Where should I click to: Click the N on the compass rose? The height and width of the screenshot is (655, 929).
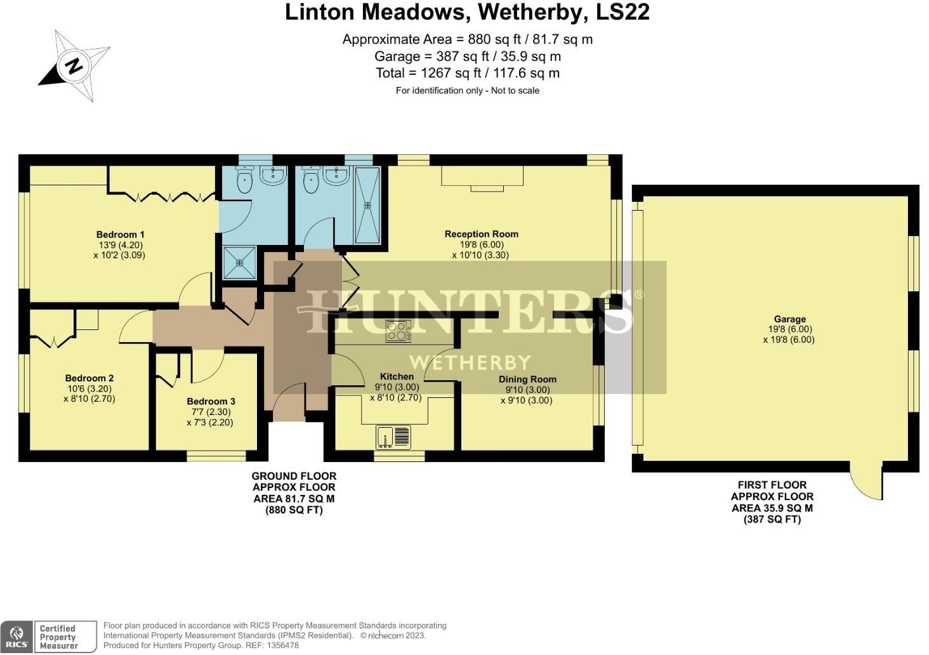(74, 65)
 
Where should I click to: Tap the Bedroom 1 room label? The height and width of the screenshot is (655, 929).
(120, 235)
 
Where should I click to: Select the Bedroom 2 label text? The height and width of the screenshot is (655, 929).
(89, 378)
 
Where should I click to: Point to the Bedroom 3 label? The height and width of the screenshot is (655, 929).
(211, 401)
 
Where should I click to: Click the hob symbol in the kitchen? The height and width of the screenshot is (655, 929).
(398, 331)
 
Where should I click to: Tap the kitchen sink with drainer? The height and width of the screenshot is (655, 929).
(393, 437)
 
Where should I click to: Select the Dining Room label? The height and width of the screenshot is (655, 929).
(527, 380)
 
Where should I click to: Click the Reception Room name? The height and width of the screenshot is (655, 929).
(481, 234)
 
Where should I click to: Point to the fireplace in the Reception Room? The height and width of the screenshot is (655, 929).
(482, 178)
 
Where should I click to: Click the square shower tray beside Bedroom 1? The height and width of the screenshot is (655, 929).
(240, 263)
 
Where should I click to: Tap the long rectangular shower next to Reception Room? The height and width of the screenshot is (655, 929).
(368, 205)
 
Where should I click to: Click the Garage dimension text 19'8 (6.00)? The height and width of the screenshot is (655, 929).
(789, 329)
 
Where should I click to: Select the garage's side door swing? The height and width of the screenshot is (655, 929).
(866, 482)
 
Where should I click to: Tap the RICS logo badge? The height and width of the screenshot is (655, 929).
(17, 637)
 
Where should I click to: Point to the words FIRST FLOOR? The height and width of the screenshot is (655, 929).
(772, 485)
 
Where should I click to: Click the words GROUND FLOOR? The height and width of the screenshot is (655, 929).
(294, 476)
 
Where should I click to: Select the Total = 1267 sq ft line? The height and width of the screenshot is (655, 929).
(467, 73)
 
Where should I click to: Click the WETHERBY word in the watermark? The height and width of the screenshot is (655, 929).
(470, 362)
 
